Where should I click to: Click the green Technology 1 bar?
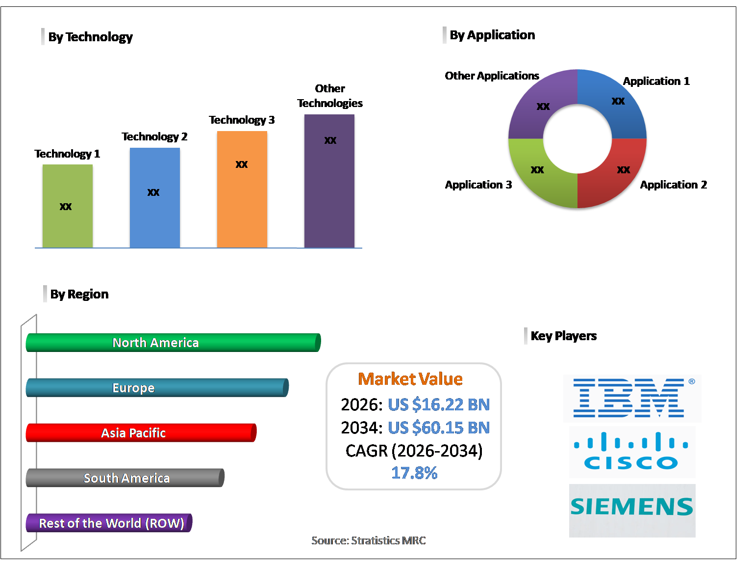(x=67, y=206)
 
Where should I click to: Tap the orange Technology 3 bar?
(x=242, y=189)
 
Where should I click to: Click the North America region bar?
(x=173, y=343)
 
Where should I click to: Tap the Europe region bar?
(x=157, y=388)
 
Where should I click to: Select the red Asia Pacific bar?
(x=141, y=433)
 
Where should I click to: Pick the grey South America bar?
(x=125, y=478)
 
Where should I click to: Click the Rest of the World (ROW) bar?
(x=109, y=523)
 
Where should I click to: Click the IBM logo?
(x=632, y=398)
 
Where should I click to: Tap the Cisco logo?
(x=632, y=452)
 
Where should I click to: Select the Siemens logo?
(x=632, y=508)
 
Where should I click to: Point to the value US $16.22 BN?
(x=439, y=404)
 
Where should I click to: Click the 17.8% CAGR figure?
(x=414, y=473)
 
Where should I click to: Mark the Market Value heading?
(x=410, y=379)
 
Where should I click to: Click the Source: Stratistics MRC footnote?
(x=369, y=540)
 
